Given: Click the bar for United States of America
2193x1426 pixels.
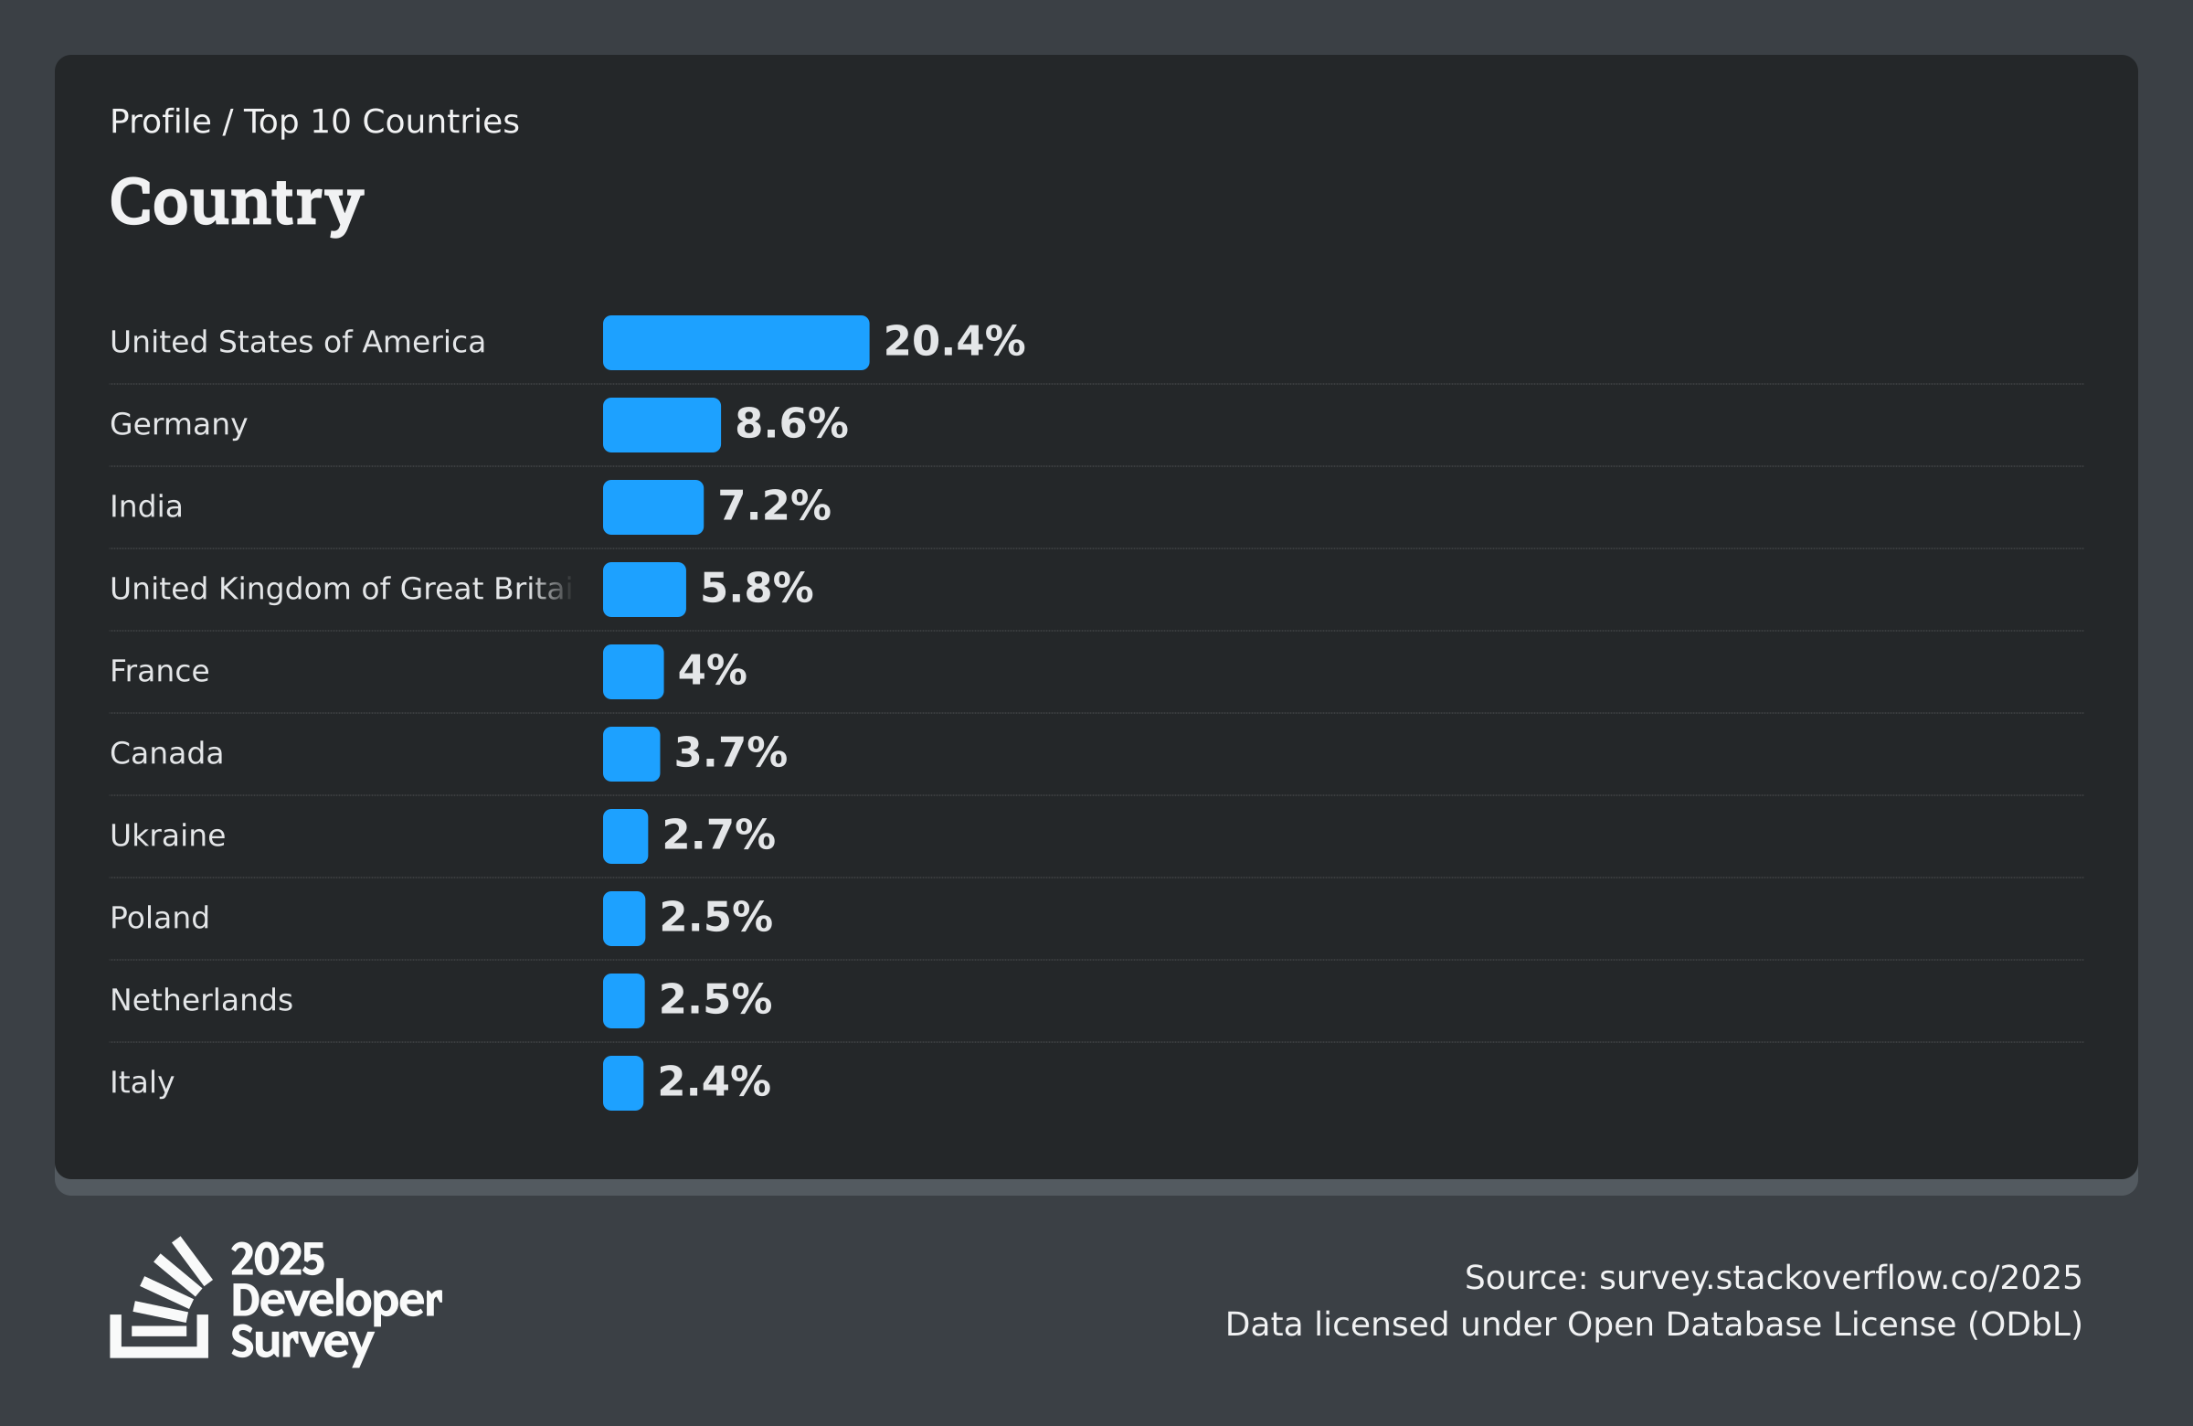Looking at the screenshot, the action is click(736, 343).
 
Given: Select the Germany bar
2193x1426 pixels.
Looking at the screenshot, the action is click(662, 425).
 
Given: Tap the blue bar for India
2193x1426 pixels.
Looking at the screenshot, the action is click(653, 507).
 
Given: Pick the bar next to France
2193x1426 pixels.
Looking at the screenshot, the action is click(633, 672).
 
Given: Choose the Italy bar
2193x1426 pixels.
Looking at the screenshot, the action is click(623, 1083).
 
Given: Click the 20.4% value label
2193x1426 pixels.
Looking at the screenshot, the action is click(954, 341).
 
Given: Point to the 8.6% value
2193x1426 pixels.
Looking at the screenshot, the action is click(791, 424).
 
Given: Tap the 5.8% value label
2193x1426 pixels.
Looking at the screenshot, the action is click(757, 588).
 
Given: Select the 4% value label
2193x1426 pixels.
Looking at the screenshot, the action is click(712, 670).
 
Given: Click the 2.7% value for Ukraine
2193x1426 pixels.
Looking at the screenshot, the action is click(719, 835).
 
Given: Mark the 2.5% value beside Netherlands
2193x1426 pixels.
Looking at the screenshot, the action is click(716, 999).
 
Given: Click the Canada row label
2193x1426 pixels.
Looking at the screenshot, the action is click(167, 753).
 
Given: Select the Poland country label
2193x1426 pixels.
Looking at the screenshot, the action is click(159, 917).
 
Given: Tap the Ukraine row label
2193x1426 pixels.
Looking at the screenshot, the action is click(168, 835).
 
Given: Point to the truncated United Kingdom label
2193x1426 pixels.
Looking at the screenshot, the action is click(341, 588).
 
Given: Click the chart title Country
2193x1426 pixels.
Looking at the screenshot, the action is click(237, 203).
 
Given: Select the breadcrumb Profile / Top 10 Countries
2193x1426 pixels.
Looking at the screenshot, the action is click(314, 122).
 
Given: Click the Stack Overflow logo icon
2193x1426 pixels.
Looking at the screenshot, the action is click(161, 1297).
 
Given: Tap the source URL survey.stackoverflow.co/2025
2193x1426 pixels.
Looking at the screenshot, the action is click(1840, 1278).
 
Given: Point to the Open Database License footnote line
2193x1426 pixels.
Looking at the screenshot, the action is click(1653, 1325).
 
